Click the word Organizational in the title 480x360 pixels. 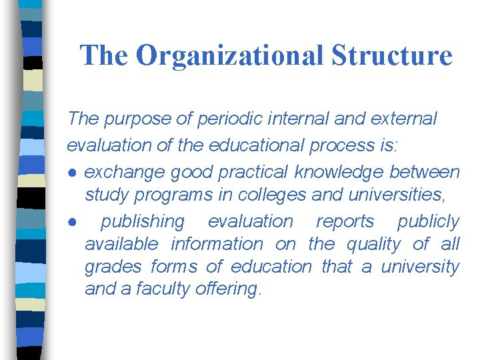click(233, 56)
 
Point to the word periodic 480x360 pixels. click(219, 119)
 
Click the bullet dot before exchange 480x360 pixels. click(71, 173)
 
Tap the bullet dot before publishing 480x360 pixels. click(71, 222)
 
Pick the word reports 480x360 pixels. click(345, 221)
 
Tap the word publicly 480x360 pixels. click(429, 221)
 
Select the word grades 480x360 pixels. click(113, 267)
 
